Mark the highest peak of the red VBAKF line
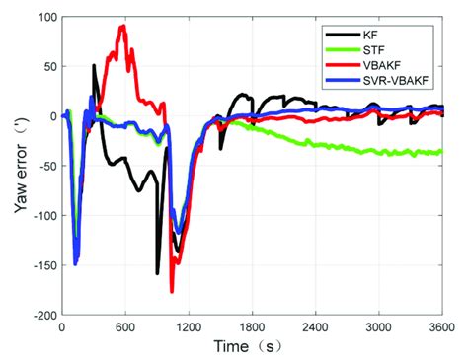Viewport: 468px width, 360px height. click(x=122, y=26)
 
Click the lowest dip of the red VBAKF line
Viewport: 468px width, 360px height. click(x=172, y=292)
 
